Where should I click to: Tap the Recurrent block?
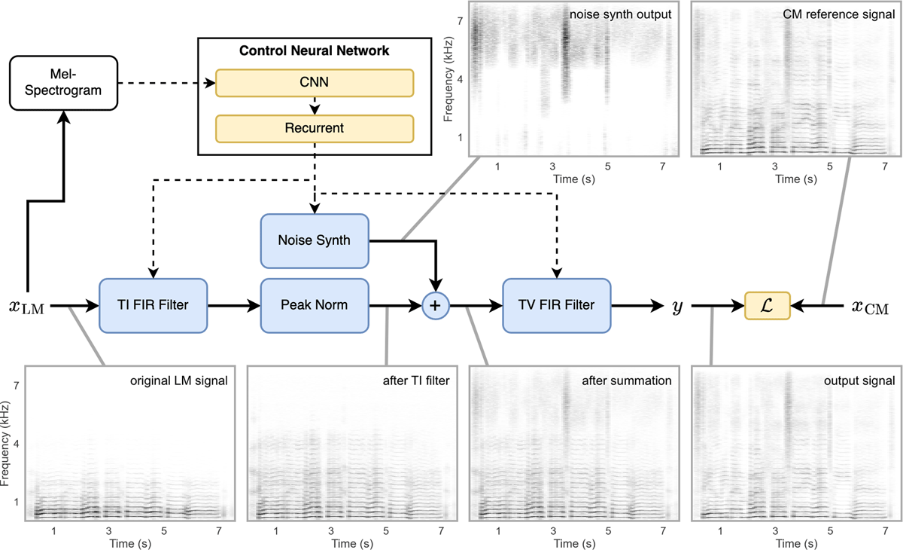point(315,128)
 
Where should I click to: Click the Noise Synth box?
point(315,241)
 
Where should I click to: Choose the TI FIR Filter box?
point(153,305)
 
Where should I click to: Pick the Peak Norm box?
point(315,305)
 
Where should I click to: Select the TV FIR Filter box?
point(556,305)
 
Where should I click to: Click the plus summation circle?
point(436,305)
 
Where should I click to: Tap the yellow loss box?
point(768,305)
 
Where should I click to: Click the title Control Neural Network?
point(315,51)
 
